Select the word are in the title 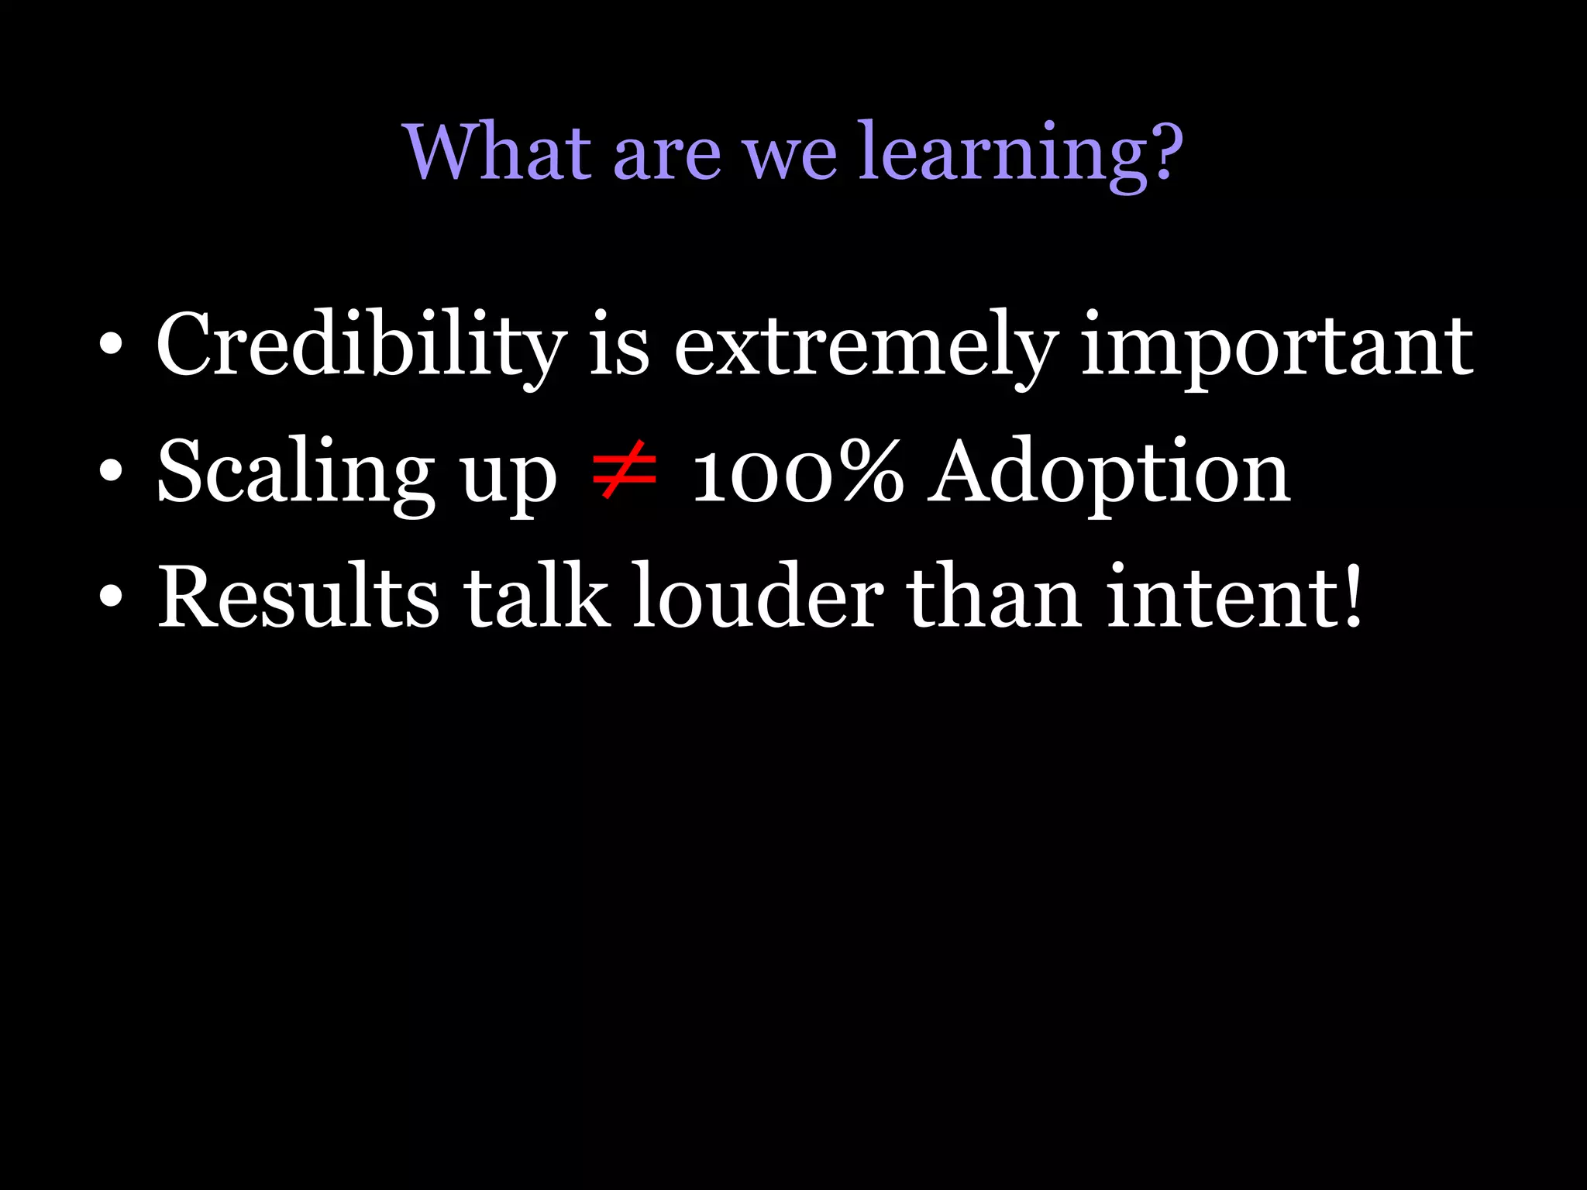pos(667,155)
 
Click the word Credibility pos(361,346)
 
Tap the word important pos(1277,348)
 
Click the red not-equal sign pos(624,469)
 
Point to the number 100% pos(797,473)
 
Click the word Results pos(298,597)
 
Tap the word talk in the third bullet pos(535,597)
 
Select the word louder pos(757,597)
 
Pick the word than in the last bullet pos(994,597)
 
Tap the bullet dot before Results pos(111,597)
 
